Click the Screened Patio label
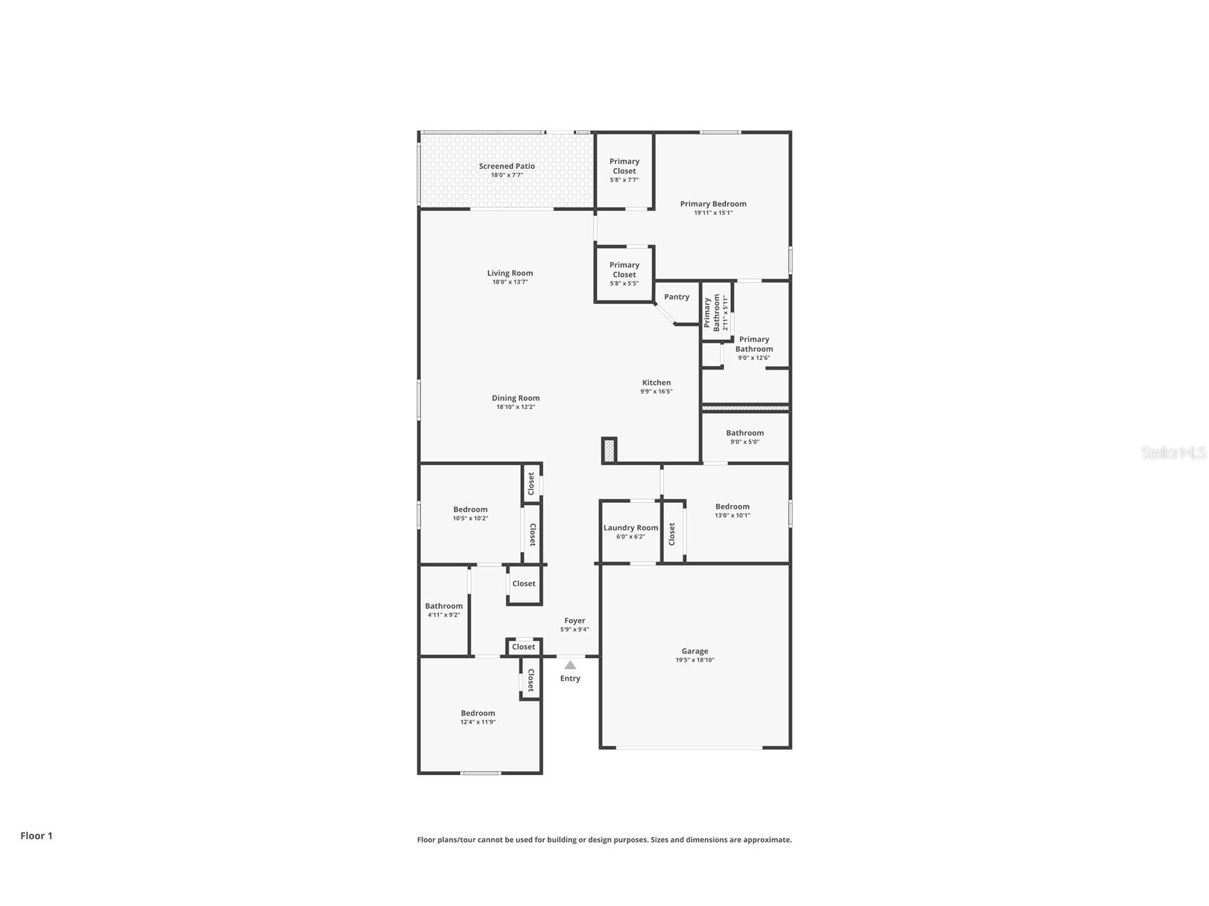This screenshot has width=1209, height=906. point(507,166)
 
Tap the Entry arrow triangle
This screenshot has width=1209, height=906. point(570,665)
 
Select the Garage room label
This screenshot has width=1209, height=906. point(695,651)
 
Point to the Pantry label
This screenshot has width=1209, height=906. point(677,297)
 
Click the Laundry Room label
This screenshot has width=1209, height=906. point(631,528)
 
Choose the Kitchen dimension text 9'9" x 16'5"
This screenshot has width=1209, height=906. point(656,392)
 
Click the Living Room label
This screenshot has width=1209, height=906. point(510,273)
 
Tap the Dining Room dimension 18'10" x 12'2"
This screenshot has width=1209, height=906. point(516,407)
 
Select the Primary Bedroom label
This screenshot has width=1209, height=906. point(713,204)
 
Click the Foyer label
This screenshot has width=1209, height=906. point(574,620)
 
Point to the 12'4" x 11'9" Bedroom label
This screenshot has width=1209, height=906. point(477,713)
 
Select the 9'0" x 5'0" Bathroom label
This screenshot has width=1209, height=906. point(744,433)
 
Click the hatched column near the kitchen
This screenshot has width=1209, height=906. point(609,451)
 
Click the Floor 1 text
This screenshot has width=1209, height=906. point(36,836)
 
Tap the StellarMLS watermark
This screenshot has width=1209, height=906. point(1173,452)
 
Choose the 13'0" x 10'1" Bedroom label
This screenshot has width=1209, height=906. point(732,506)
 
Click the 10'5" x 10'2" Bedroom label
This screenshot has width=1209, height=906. point(470,509)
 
